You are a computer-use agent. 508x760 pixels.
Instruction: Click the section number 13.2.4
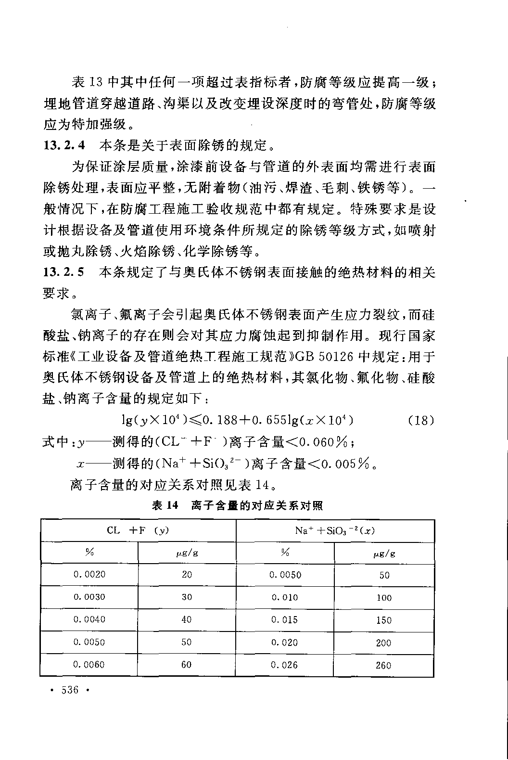click(x=64, y=145)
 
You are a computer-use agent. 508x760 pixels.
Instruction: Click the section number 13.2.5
click(x=64, y=272)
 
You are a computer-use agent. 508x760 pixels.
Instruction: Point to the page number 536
click(x=69, y=690)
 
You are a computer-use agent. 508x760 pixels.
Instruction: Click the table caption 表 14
click(x=165, y=505)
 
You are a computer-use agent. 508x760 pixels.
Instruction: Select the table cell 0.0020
click(x=89, y=574)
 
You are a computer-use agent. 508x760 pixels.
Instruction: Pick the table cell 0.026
click(x=285, y=665)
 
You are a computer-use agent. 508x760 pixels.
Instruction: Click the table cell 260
click(x=384, y=666)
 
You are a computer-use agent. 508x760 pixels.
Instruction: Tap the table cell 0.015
click(x=285, y=620)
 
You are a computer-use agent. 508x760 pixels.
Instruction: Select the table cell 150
click(x=384, y=620)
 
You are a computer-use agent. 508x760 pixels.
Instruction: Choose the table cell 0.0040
click(x=89, y=619)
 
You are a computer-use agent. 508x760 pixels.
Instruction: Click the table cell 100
click(x=384, y=598)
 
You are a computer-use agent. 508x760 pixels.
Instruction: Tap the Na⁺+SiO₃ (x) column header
click(x=335, y=531)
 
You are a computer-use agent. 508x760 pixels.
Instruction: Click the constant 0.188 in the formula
click(x=220, y=420)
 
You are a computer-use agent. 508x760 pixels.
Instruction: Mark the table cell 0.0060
click(x=89, y=665)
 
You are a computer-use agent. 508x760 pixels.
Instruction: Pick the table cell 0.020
click(x=285, y=642)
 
